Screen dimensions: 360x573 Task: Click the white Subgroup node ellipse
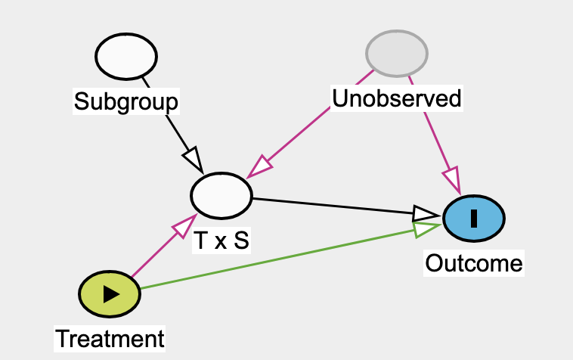pos(126,56)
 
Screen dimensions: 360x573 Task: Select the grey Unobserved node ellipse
pos(397,53)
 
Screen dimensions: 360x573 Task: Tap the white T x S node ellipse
pos(221,194)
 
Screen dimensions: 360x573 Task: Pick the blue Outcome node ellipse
pos(474,218)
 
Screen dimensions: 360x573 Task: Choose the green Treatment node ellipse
pos(110,294)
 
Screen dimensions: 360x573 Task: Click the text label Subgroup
pos(126,101)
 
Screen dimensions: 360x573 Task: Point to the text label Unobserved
pos(397,98)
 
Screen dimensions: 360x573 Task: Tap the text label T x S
pos(221,240)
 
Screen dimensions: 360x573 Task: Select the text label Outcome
pos(474,263)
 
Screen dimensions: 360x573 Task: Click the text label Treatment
pos(110,338)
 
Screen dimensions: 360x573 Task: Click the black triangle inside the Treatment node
pos(111,294)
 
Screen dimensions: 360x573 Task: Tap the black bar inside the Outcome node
pos(474,218)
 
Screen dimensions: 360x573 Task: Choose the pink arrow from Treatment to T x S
pos(155,253)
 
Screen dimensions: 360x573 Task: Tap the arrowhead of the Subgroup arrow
pos(193,160)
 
